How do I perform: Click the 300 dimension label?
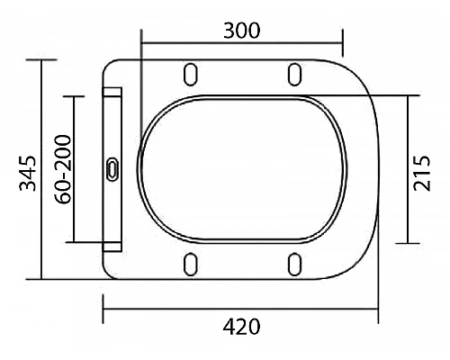[242, 30]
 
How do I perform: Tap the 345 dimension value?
[28, 171]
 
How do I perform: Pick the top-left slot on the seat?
[190, 72]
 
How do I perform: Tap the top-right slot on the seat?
[293, 72]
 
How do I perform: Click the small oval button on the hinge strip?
[113, 168]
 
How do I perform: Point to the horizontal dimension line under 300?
[242, 42]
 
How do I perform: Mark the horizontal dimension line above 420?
[242, 310]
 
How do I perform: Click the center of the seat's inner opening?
[243, 168]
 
